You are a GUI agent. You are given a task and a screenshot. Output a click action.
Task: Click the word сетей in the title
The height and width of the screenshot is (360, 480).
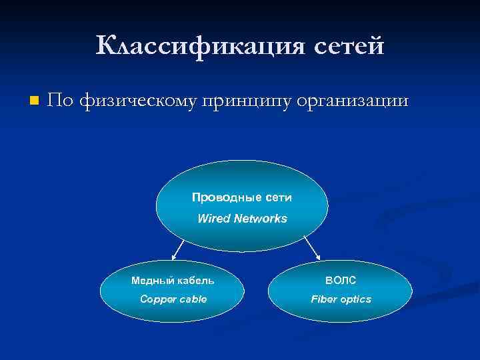(x=344, y=46)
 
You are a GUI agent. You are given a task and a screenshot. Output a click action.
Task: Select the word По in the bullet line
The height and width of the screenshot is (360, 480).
(x=61, y=101)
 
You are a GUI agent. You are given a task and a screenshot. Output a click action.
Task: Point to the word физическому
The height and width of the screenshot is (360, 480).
(x=141, y=101)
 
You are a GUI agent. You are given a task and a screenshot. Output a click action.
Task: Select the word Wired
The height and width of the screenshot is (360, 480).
(x=213, y=218)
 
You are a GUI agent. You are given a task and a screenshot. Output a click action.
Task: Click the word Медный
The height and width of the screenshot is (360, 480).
(x=151, y=280)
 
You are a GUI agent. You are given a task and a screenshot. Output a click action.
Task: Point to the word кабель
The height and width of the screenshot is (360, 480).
(x=194, y=280)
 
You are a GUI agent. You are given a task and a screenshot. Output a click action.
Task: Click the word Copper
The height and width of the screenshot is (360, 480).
(x=158, y=299)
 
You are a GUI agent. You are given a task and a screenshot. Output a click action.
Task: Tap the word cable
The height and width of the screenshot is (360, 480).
(x=193, y=299)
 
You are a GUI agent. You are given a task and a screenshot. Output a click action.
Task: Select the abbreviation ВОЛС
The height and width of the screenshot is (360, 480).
(x=341, y=280)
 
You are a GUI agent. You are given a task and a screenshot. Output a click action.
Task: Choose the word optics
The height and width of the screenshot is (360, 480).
(x=356, y=299)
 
